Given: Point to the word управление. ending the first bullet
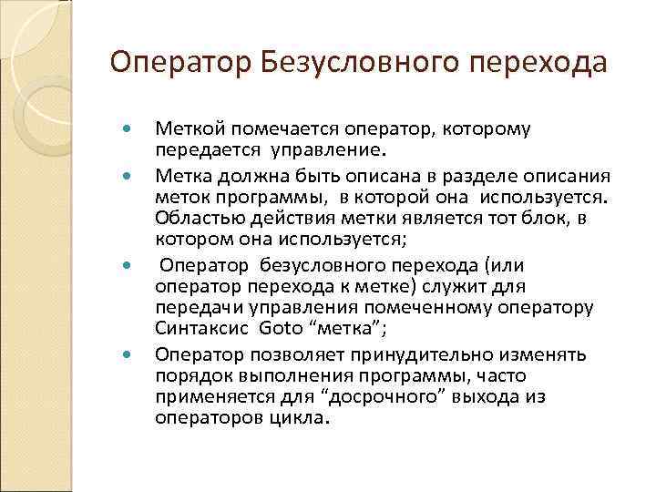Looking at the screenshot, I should click(x=335, y=149).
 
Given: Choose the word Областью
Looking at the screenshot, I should click(x=190, y=220).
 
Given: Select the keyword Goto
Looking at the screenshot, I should click(x=279, y=330).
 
